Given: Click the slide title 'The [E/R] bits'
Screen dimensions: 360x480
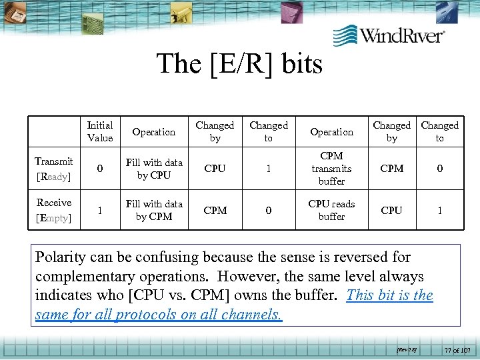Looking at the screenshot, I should [239, 64].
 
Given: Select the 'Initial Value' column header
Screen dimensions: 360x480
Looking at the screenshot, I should [100, 131].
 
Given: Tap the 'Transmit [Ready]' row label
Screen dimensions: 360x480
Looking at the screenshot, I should [54, 168].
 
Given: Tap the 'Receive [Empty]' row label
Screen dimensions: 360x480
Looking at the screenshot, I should [54, 209].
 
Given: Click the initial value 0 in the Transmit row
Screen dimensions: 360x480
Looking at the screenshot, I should [100, 169].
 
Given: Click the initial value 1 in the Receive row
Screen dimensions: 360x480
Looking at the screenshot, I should [100, 210].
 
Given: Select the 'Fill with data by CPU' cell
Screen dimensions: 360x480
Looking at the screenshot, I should [154, 169].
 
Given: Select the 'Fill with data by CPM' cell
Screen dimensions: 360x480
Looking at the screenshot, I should [154, 210].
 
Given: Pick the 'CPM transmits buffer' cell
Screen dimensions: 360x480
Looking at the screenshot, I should [331, 169].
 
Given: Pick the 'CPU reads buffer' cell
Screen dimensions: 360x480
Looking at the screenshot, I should [331, 210].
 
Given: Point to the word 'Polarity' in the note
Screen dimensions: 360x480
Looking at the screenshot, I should [59, 257].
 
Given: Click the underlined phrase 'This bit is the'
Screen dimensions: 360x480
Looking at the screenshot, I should [389, 295].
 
